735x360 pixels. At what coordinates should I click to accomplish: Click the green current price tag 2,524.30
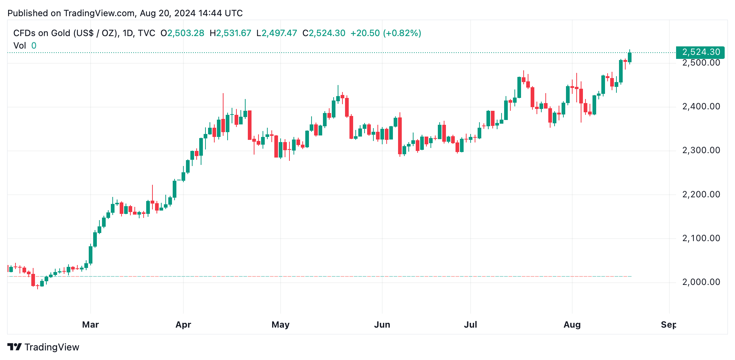700,52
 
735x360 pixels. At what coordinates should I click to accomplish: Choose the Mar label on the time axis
90,325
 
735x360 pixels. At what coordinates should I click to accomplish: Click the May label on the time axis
280,325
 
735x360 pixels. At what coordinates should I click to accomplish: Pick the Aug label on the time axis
572,325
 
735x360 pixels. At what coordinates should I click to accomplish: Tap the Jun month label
382,325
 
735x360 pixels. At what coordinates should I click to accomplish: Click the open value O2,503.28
182,33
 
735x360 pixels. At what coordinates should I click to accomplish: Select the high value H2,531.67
231,33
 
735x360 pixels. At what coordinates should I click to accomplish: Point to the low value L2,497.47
277,33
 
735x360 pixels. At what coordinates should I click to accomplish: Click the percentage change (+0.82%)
402,33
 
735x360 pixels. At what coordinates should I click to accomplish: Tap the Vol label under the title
20,46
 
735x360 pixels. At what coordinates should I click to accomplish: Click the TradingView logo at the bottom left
43,347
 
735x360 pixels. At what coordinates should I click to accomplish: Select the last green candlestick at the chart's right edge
630,57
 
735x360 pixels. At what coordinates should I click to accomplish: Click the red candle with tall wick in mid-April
223,125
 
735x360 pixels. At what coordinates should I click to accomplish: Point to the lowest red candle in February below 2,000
33,280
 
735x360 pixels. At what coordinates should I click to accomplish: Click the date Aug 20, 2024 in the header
168,13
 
